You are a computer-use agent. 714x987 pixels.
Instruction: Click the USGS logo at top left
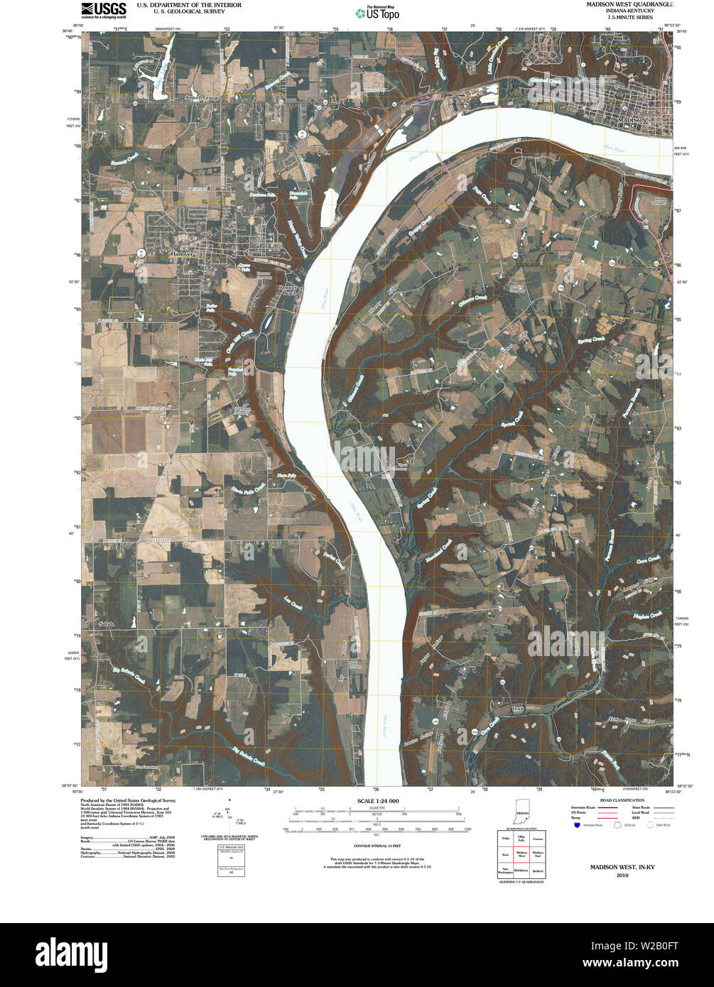coord(104,10)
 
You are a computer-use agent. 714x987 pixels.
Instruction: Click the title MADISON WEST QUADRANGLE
coord(629,4)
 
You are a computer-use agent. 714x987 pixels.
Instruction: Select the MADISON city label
coord(632,121)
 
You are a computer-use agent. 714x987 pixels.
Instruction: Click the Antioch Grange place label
coord(202,97)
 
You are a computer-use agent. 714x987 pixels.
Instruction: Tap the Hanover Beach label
coord(286,290)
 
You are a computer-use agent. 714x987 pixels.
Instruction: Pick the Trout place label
coord(516,709)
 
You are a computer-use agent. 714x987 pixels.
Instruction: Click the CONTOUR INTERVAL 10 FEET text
coord(373,846)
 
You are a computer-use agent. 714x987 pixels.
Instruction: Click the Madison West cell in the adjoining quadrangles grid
coord(521,854)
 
